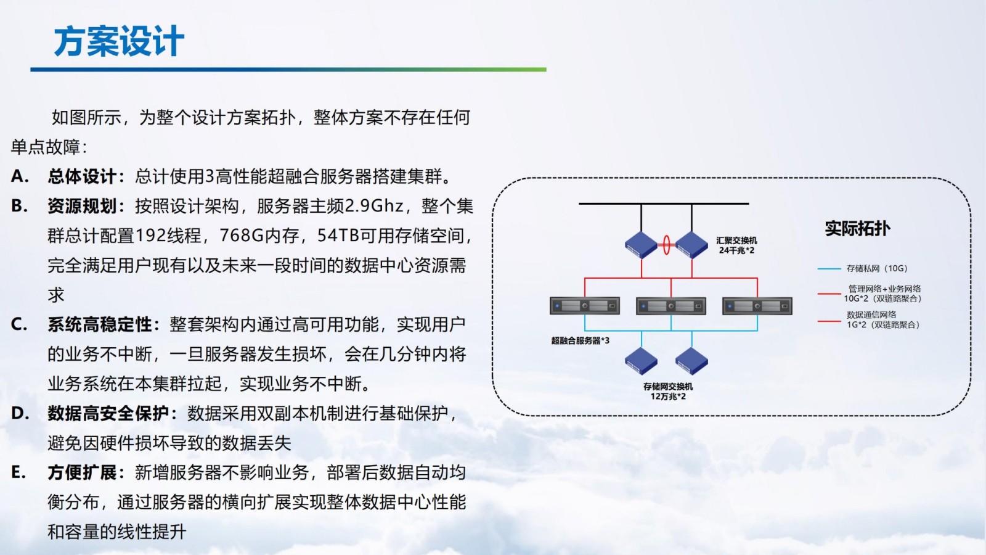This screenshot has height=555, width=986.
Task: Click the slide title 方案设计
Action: coord(119,42)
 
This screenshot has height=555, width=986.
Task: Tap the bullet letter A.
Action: coord(19,176)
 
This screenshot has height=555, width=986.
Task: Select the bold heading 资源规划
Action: coord(82,206)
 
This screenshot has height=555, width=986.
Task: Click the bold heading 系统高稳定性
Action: coord(99,324)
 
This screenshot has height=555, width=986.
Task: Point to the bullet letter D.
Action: coord(20,413)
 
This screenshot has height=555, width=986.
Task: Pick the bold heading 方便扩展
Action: coord(82,472)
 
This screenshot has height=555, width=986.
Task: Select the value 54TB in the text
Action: coord(338,236)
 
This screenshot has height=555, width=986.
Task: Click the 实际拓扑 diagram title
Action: coord(857,229)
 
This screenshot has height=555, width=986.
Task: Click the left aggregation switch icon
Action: coord(641,245)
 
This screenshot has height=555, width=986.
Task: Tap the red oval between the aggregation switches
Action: coord(666,245)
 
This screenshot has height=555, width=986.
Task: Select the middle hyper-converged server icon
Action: coord(670,306)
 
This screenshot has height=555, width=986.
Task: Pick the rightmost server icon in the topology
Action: coord(757,306)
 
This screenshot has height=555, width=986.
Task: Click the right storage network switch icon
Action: coord(691,361)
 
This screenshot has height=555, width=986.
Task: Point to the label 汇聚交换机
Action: coord(736,240)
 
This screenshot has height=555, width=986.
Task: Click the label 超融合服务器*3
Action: coord(580,340)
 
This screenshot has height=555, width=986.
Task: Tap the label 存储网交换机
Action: coord(668,387)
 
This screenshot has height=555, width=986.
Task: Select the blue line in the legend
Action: coord(829,269)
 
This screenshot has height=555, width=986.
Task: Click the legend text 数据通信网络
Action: coord(871,314)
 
